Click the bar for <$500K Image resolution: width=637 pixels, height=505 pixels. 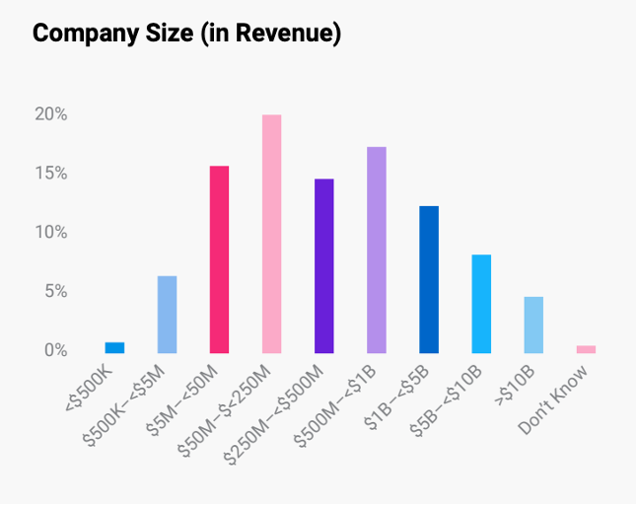pos(114,347)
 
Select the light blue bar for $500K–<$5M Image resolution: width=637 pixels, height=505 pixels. pos(167,315)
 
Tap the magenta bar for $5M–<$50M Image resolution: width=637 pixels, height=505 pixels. pos(219,259)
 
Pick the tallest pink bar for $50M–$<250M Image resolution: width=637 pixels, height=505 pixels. pos(271,234)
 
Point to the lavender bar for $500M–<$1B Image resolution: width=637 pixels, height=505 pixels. pos(376,250)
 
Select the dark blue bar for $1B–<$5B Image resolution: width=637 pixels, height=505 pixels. pos(428,279)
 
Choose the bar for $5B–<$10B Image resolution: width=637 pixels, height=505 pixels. pos(480,304)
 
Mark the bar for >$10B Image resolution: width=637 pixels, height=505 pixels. pos(532,325)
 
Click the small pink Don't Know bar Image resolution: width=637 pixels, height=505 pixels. pos(586,349)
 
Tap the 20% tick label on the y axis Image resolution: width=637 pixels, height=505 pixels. pos(50,114)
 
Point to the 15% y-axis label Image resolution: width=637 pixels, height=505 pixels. pos(50,174)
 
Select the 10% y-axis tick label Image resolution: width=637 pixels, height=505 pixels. pos(50,233)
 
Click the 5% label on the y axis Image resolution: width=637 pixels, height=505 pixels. pos(54,292)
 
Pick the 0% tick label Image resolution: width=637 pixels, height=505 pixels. pos(54,350)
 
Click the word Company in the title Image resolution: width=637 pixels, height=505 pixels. pos(84,34)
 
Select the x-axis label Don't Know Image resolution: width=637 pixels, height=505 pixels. pos(556,399)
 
